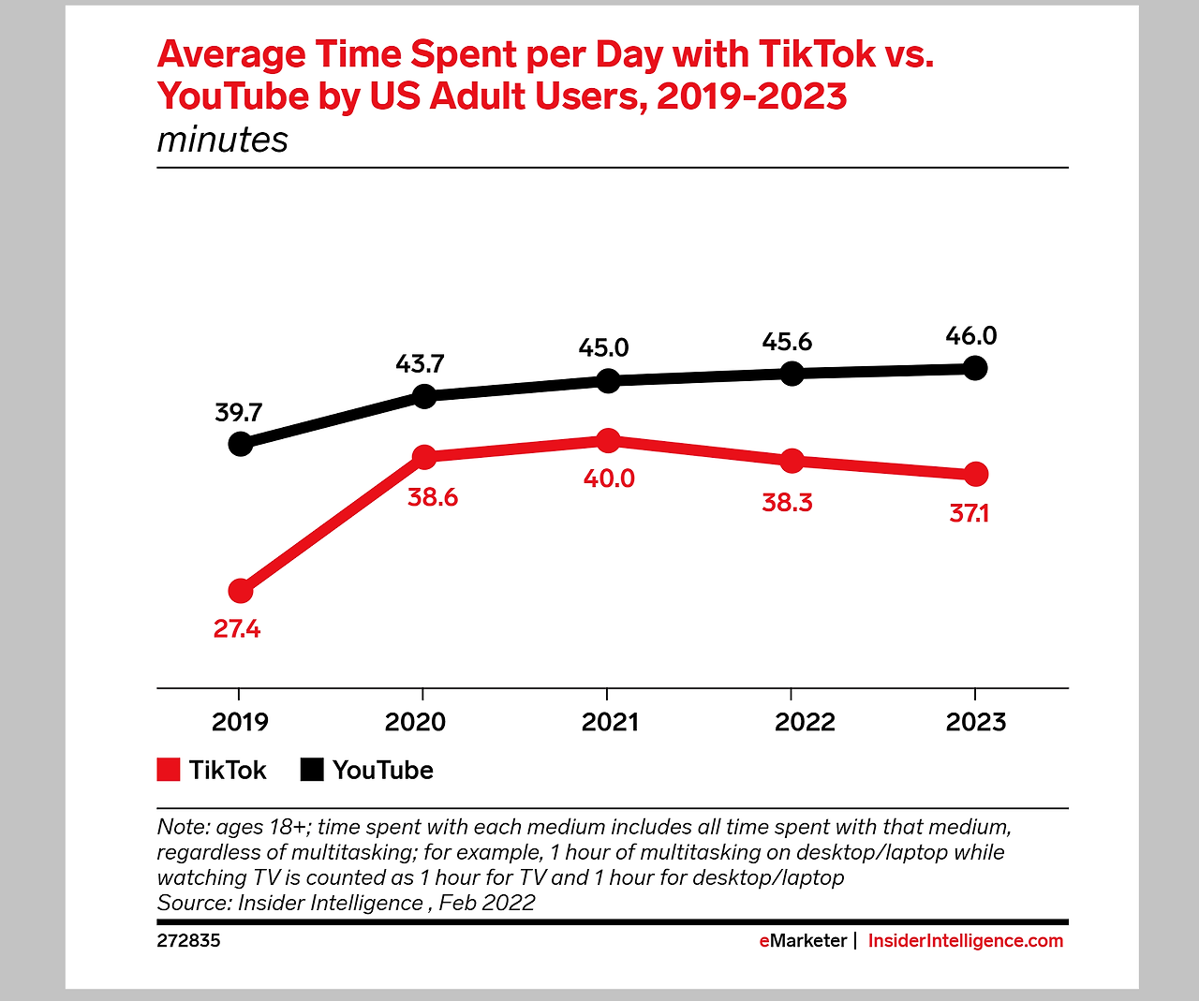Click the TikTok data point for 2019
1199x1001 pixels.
pos(241,591)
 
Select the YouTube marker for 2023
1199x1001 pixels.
pos(975,368)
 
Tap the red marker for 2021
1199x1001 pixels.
pos(608,440)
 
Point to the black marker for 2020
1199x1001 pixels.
pos(424,396)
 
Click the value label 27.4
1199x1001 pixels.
pos(236,629)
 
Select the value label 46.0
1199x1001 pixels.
pos(970,335)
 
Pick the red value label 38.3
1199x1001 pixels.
pos(787,503)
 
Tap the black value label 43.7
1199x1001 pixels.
pos(420,363)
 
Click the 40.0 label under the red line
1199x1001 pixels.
pos(609,478)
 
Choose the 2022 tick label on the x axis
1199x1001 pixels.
pos(804,722)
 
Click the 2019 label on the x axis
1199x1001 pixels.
pos(240,722)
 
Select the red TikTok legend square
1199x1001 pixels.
pos(169,770)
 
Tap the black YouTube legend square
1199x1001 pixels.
pos(312,770)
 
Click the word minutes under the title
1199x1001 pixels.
pos(222,140)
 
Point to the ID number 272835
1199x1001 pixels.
pos(188,941)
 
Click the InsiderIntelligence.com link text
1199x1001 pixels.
pos(966,941)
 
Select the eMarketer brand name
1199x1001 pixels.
pos(803,941)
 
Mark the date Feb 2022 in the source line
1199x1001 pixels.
pos(487,903)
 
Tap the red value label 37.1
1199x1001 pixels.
pos(969,513)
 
